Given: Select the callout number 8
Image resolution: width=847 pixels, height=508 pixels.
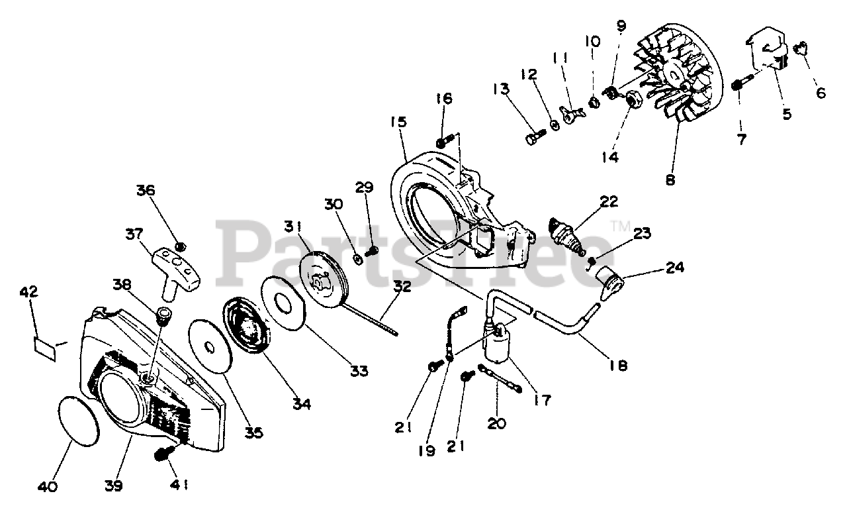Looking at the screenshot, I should pyautogui.click(x=670, y=179).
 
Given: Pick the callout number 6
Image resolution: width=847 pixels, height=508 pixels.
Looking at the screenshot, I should pyautogui.click(x=820, y=93).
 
